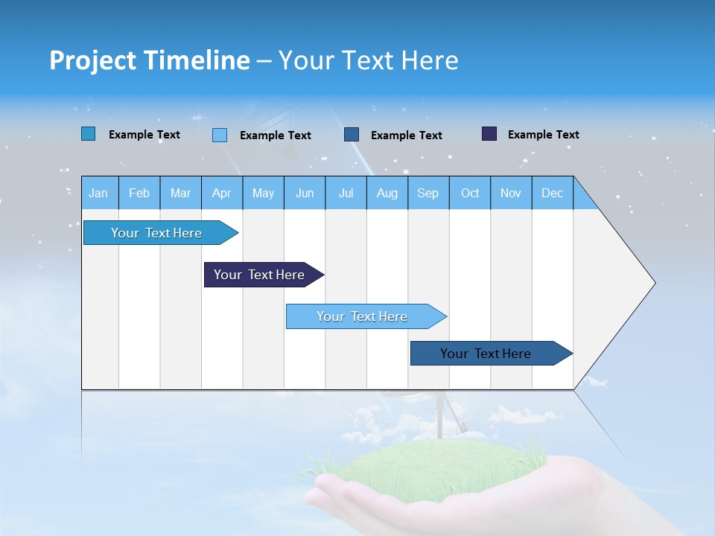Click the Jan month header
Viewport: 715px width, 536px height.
[x=98, y=193]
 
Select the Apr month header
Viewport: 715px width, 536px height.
[x=222, y=193]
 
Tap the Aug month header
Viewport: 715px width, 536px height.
[x=387, y=193]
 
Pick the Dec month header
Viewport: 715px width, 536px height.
[x=552, y=193]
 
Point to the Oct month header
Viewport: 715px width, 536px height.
[x=470, y=193]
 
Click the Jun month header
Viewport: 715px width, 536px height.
[x=305, y=193]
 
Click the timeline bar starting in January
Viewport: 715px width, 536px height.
[x=156, y=233]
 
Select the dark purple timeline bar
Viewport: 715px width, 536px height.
[x=259, y=275]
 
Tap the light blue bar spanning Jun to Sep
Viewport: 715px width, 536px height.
[x=362, y=316]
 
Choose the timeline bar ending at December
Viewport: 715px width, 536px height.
[x=486, y=354]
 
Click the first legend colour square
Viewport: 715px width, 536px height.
[x=89, y=134]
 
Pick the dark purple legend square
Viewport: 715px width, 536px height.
[x=489, y=134]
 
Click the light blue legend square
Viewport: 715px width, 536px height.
[x=220, y=135]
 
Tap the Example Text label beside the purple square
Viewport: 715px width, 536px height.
[x=543, y=134]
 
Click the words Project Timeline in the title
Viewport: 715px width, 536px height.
[x=149, y=60]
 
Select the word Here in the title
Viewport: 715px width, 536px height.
[x=430, y=60]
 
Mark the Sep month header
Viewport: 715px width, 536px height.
[x=428, y=193]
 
